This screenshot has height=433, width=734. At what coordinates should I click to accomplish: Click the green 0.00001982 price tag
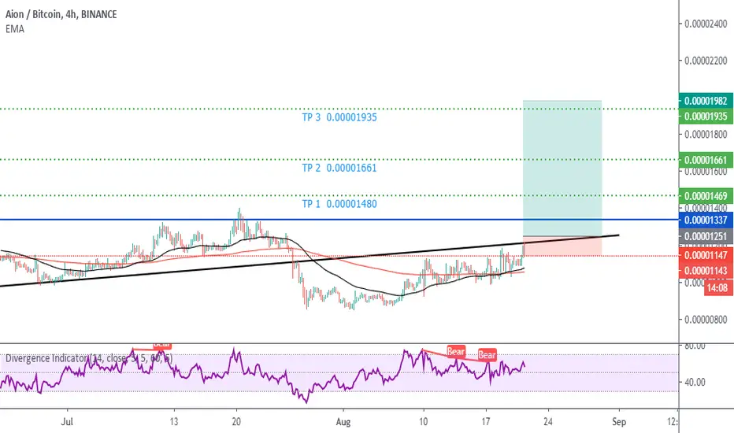click(706, 101)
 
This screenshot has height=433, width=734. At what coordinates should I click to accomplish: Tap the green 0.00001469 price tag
click(706, 195)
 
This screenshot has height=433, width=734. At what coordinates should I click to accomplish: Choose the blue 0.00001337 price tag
click(706, 220)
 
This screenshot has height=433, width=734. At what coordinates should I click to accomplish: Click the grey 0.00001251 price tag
click(706, 236)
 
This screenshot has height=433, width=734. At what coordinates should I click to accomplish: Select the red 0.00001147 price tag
click(706, 255)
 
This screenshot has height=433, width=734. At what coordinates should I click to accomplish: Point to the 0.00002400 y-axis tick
click(706, 24)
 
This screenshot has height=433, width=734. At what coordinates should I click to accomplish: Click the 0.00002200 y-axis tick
click(706, 61)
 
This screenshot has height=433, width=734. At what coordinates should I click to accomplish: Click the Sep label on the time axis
click(619, 422)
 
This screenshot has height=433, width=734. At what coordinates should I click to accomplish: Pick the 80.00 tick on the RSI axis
click(695, 346)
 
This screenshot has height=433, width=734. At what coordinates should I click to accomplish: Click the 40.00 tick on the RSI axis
click(695, 382)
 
